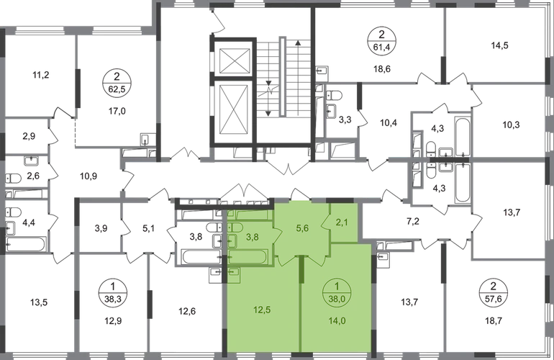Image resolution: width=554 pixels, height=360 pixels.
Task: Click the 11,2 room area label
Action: tap(40, 75)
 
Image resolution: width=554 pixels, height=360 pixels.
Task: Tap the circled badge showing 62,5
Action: tap(117, 83)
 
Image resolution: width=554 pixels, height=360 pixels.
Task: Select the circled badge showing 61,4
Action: tap(381, 40)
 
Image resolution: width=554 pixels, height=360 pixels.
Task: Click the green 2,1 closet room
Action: tap(343, 222)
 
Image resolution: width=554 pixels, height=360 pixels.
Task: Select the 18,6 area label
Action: tap(382, 69)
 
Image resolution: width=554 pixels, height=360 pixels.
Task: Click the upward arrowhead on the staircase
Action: tap(298, 42)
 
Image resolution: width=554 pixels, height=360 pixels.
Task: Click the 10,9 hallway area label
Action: tap(88, 176)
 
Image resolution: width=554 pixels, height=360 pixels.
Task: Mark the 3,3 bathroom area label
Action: tap(345, 120)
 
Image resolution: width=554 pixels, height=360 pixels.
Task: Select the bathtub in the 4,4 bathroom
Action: tap(26, 244)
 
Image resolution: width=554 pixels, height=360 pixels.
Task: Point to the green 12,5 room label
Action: tap(262, 310)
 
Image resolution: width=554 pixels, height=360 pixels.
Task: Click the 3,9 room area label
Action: tap(101, 228)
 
